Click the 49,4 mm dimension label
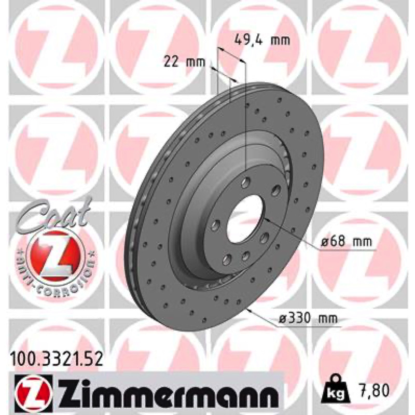click(262, 40)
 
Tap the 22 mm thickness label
click(185, 62)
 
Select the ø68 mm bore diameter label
click(347, 241)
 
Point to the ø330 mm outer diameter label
click(309, 319)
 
